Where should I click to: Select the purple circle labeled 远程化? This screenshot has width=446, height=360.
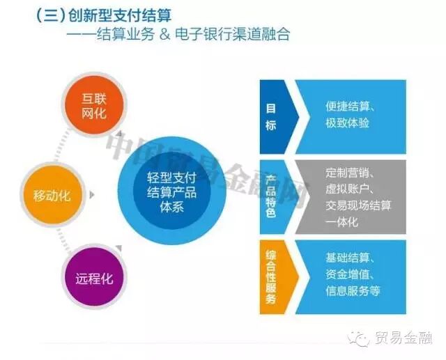93,279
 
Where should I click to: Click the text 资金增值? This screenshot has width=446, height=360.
347,274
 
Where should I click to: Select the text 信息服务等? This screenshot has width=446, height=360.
353,291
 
